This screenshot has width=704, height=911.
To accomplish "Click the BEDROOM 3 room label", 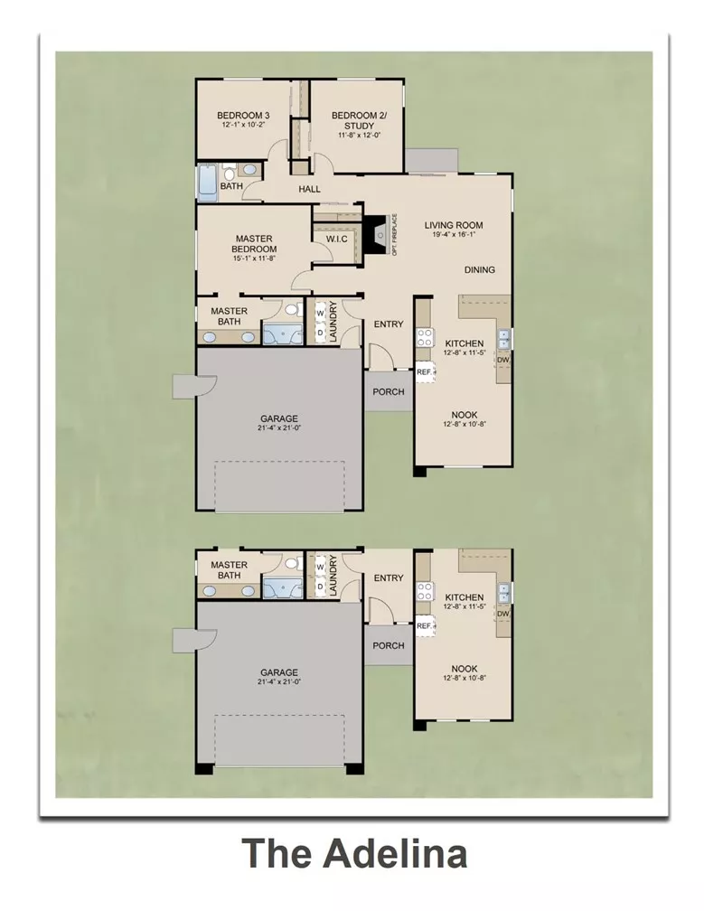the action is tap(243, 116).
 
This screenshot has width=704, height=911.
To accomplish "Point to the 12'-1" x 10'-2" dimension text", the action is tap(243, 125).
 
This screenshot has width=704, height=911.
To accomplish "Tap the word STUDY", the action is tap(359, 127).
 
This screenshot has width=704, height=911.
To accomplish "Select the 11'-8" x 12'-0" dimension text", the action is tap(359, 136).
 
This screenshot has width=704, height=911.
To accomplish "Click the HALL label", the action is tap(310, 189).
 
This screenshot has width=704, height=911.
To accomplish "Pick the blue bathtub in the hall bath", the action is tap(207, 183).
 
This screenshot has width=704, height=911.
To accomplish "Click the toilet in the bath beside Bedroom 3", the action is tap(229, 172).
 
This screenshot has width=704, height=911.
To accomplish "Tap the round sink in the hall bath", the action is tap(249, 170).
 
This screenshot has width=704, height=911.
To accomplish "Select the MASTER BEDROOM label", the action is tap(254, 243).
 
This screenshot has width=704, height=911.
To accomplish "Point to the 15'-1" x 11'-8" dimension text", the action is tap(254, 258).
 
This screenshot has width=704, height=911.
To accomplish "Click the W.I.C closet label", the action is tap(336, 239).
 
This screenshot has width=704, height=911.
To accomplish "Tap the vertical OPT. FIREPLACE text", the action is tap(394, 235).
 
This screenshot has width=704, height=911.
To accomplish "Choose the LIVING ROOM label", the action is tap(453, 225).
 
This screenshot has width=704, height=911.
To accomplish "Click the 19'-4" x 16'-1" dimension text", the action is tap(453, 235).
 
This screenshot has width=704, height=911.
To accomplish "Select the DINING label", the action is tap(479, 269).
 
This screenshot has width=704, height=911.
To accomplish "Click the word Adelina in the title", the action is tap(395, 853).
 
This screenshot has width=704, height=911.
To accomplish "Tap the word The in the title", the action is tap(277, 853).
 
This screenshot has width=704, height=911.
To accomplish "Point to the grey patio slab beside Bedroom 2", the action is tap(432, 160).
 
